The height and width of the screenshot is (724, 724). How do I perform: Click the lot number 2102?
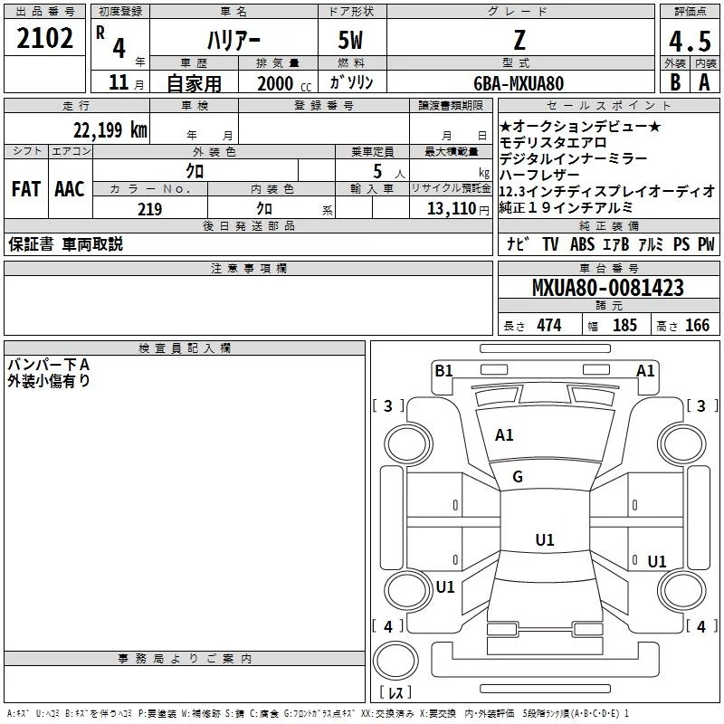point(45,39)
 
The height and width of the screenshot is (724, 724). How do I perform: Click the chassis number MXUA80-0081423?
point(607,288)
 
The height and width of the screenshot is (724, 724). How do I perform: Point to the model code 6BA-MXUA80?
point(519,83)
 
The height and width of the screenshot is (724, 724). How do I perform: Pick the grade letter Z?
point(519,40)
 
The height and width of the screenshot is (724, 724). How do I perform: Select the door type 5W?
point(351,41)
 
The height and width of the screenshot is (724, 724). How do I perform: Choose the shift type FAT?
point(25,189)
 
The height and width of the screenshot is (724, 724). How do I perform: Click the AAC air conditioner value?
point(69,189)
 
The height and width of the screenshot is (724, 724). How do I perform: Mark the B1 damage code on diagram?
point(443,369)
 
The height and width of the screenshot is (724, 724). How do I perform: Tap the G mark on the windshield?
point(518,477)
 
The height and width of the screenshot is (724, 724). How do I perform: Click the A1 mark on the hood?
point(504,434)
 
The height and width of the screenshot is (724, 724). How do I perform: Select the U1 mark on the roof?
point(544,539)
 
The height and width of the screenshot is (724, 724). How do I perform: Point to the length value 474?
point(547,326)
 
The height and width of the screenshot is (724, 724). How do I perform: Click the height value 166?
point(697,326)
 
